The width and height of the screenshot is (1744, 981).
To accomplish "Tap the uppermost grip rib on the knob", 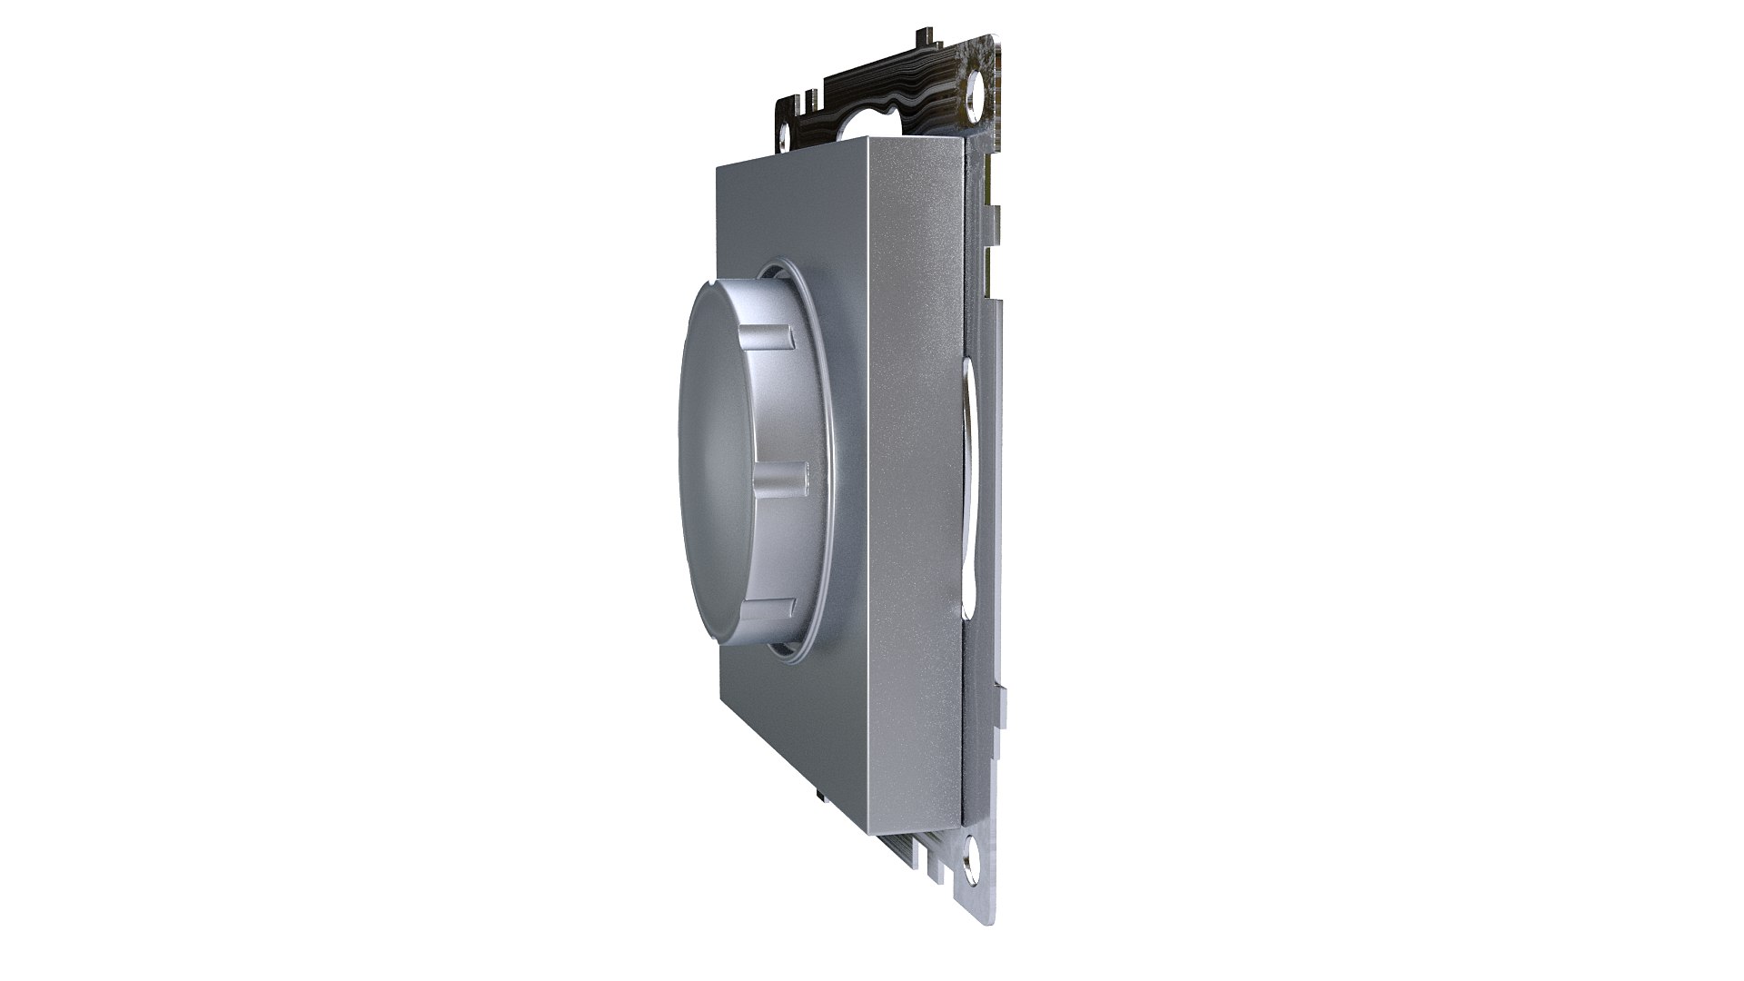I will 768,340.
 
